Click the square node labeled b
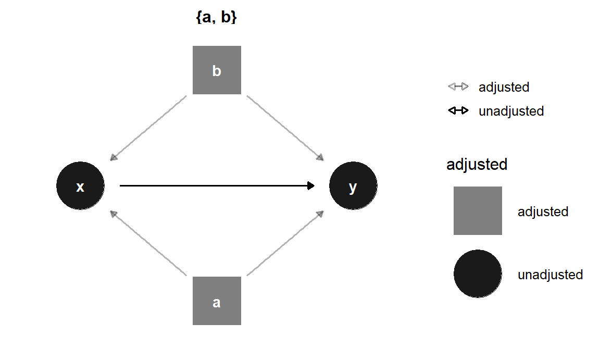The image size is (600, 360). point(217,70)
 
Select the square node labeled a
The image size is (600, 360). point(217,301)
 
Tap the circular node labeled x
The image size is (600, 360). point(80,185)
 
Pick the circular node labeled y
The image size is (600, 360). point(353,185)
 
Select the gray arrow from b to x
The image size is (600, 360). point(149,128)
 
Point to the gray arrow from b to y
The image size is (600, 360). point(285,128)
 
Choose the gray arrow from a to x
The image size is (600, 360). point(149,243)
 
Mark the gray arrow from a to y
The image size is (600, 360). point(285,243)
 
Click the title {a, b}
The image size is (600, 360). point(217,17)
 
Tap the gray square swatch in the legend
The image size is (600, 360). point(478,211)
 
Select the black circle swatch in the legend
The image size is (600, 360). point(478,274)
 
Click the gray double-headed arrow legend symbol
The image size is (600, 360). point(458,86)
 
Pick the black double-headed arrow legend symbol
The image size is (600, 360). point(458,110)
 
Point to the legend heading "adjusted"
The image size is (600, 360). point(477,165)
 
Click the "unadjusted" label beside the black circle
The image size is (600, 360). point(550,275)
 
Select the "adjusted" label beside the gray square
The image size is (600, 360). point(543,212)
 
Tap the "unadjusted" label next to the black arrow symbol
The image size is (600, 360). point(511,111)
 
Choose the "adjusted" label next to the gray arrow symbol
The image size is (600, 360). point(504,87)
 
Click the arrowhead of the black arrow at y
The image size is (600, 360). point(311,185)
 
